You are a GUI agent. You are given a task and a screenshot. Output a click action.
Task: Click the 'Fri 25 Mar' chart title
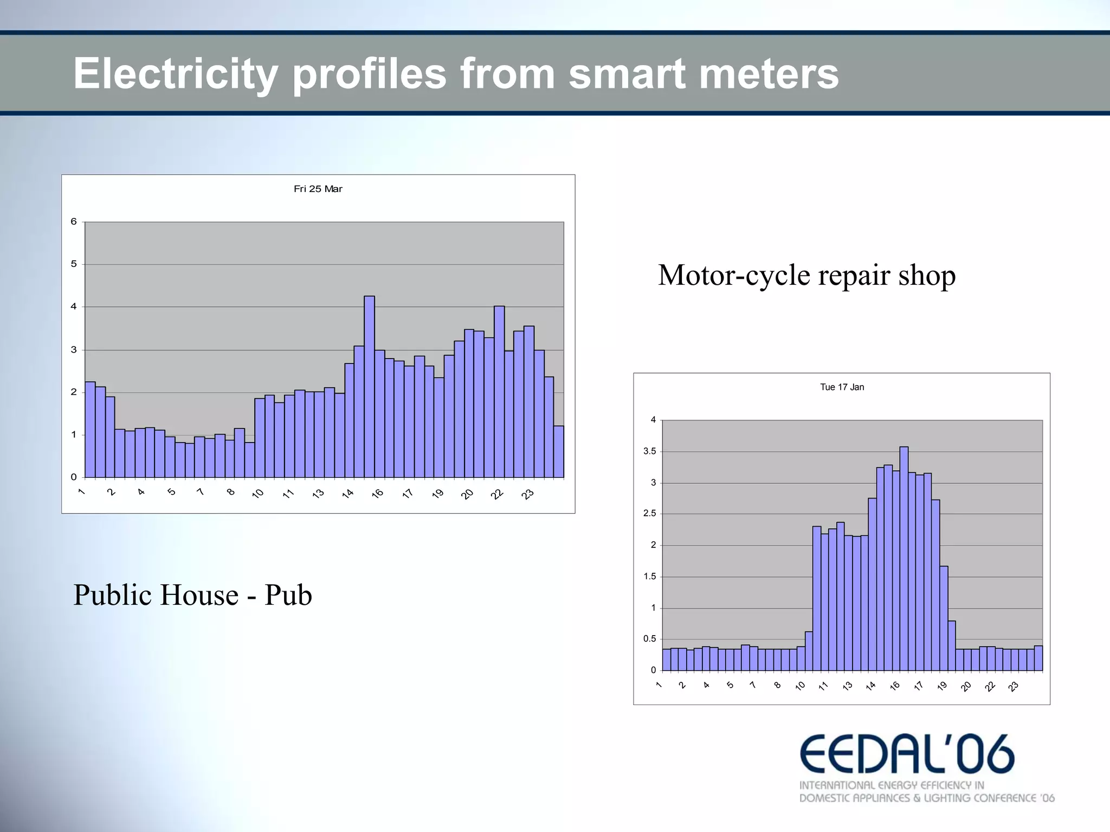tap(318, 189)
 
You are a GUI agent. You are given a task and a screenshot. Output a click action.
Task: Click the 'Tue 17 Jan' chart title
tap(842, 387)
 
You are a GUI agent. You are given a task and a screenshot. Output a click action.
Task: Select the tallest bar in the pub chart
tap(369, 386)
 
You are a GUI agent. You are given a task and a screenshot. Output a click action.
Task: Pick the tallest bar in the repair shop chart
tap(904, 559)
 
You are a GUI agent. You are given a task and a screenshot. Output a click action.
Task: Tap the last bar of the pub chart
tap(559, 452)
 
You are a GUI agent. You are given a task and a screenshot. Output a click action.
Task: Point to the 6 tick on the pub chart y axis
tap(74, 221)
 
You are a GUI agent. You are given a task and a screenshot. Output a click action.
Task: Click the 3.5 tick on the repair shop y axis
tap(649, 451)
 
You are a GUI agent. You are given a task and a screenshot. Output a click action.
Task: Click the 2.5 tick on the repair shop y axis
tap(649, 514)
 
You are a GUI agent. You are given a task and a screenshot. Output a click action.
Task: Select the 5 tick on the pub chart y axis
tap(74, 264)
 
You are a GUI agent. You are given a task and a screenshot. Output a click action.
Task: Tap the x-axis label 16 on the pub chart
tap(378, 493)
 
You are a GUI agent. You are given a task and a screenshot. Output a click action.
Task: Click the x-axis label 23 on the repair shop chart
tap(1013, 687)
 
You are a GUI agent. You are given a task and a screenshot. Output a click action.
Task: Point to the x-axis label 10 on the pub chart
tap(258, 493)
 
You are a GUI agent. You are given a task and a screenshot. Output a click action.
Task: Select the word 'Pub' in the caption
tap(288, 595)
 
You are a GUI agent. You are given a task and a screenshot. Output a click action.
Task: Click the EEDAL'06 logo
tap(907, 754)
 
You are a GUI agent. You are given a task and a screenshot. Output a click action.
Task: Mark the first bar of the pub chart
tap(90, 430)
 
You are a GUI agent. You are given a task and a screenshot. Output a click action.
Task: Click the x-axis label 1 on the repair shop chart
tap(659, 685)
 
